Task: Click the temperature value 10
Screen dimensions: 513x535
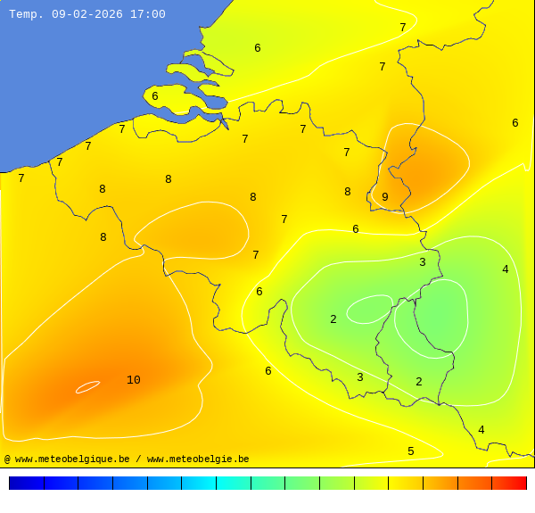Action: pyautogui.click(x=133, y=380)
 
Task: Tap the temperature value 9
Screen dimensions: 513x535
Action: pyautogui.click(x=385, y=197)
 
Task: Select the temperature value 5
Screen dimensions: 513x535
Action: pyautogui.click(x=411, y=451)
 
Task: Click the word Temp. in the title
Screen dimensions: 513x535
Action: pyautogui.click(x=27, y=14)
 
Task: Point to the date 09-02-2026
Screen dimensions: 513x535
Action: pyautogui.click(x=87, y=14)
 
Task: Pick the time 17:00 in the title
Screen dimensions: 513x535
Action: pyautogui.click(x=147, y=14)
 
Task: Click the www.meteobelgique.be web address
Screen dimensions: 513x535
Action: pyautogui.click(x=72, y=459)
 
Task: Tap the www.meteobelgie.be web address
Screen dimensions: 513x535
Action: pyautogui.click(x=198, y=459)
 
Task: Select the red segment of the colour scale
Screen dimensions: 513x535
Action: pyautogui.click(x=508, y=483)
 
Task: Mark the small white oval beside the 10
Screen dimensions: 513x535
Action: pyautogui.click(x=87, y=386)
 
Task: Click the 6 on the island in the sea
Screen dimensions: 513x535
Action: pyautogui.click(x=155, y=96)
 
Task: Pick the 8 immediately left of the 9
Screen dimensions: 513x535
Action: pyautogui.click(x=348, y=192)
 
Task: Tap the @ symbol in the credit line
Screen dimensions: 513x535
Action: pyautogui.click(x=7, y=459)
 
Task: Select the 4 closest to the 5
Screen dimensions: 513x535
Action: pyautogui.click(x=481, y=430)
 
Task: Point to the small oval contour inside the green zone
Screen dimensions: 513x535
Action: pyautogui.click(x=369, y=309)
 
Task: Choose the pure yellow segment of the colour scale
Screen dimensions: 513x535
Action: pyautogui.click(x=405, y=483)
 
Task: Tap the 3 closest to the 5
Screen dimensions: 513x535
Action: pyautogui.click(x=360, y=377)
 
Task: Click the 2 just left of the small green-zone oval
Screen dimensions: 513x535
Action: pyautogui.click(x=333, y=319)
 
